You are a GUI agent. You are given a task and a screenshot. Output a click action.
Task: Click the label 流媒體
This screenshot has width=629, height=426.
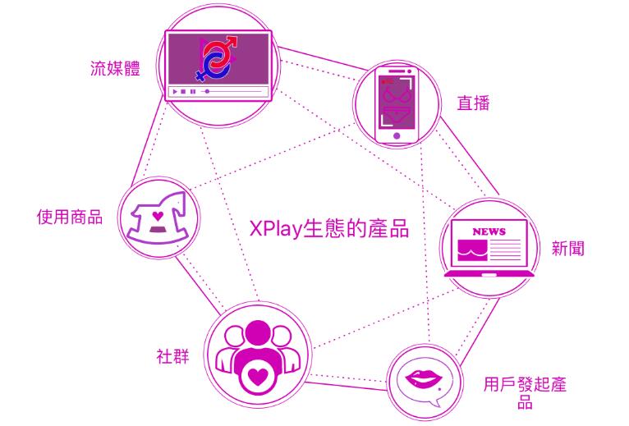pyautogui.click(x=115, y=67)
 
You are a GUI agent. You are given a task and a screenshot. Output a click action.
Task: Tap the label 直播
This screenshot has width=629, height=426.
pyautogui.click(x=473, y=103)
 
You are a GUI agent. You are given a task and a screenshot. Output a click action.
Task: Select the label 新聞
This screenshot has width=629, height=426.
pyautogui.click(x=567, y=248)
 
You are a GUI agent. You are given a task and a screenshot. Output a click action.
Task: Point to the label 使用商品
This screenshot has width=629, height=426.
pyautogui.click(x=70, y=218)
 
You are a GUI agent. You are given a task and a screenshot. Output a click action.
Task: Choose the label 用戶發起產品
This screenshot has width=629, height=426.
pyautogui.click(x=525, y=392)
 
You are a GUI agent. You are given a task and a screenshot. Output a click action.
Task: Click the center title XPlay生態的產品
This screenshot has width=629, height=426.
pyautogui.click(x=329, y=227)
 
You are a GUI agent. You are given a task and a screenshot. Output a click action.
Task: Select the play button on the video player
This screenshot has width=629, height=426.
pyautogui.click(x=174, y=91)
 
